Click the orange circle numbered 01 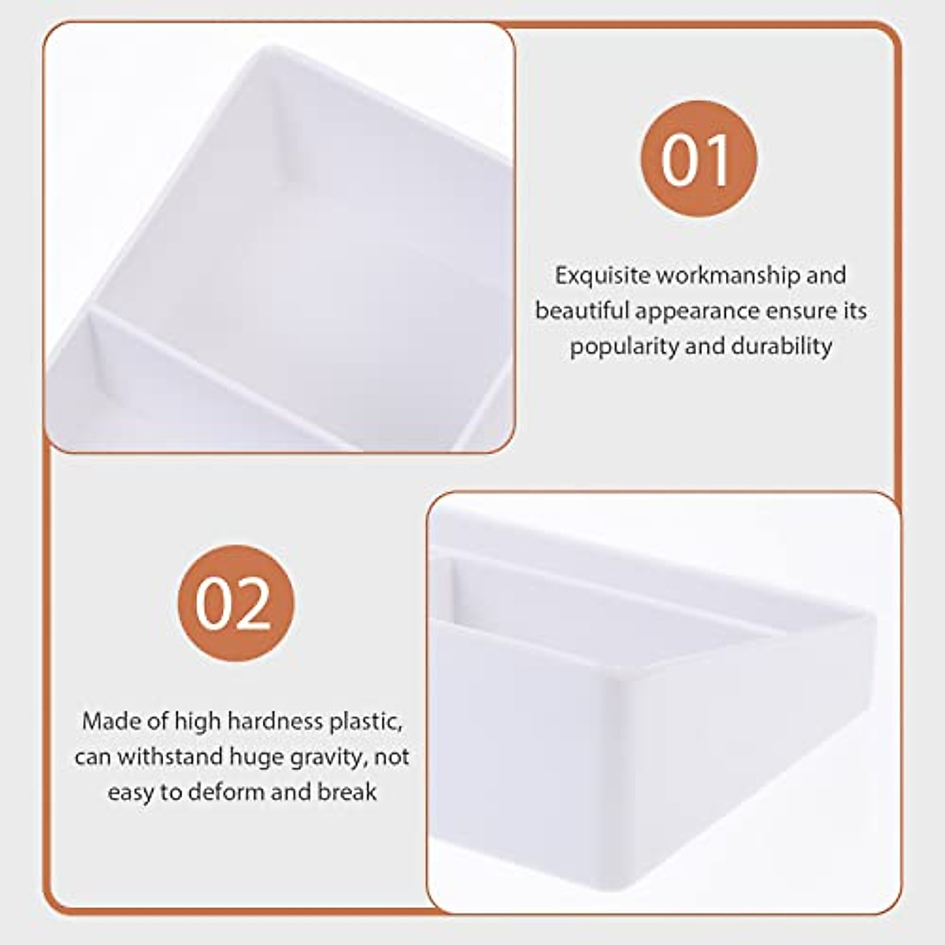click(698, 157)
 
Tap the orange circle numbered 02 click(235, 603)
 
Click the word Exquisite click(602, 276)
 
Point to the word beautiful click(582, 310)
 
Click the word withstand click(171, 757)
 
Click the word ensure click(803, 311)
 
